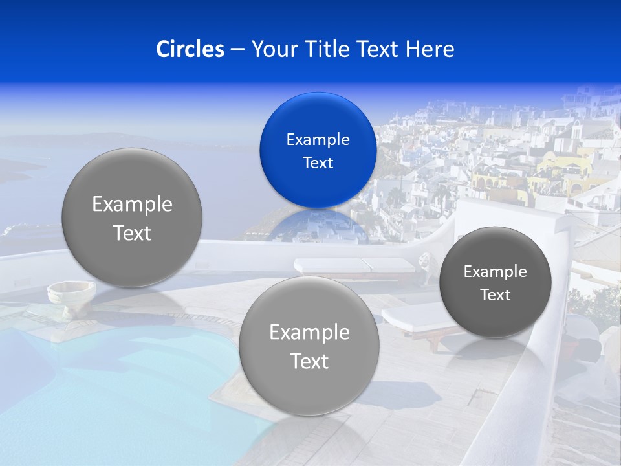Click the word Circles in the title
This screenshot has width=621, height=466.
190,49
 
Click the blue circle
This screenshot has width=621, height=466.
318,150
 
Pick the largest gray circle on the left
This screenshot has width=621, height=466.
132,217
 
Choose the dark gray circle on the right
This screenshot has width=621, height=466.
495,282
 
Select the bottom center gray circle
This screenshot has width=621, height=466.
309,346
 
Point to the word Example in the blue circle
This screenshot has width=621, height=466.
318,139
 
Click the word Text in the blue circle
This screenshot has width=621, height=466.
318,162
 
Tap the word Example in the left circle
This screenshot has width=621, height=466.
132,204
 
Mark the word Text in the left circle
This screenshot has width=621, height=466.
132,233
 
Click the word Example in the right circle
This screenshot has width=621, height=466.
495,271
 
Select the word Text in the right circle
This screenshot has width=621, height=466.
495,294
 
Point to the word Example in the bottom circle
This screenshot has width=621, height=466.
309,332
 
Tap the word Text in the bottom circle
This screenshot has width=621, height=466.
309,361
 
